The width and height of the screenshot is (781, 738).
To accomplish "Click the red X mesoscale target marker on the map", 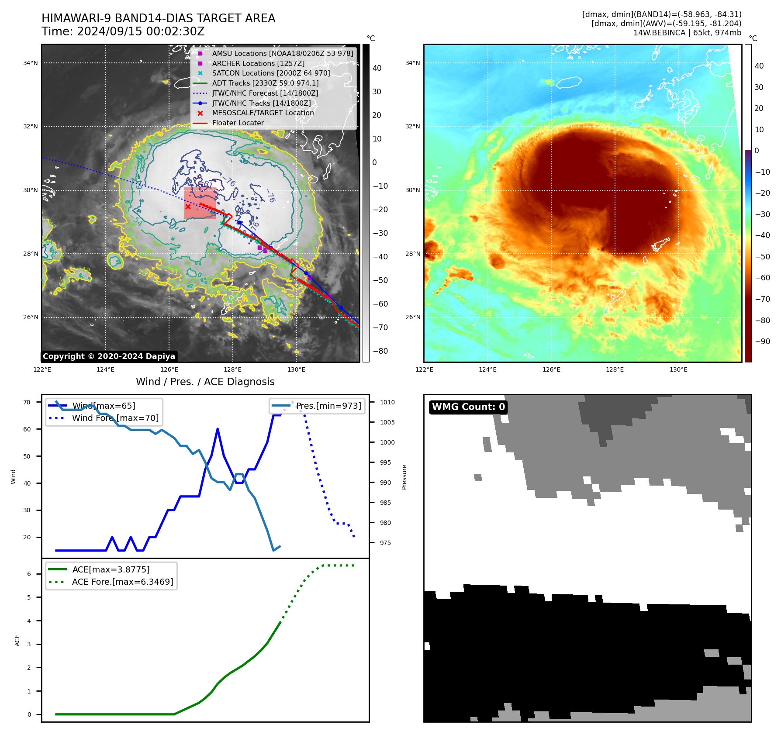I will click(x=188, y=207).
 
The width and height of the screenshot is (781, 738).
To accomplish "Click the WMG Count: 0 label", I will click(x=468, y=407).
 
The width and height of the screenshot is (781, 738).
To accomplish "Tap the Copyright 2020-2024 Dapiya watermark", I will click(x=109, y=356).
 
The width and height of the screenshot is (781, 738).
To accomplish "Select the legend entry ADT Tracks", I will click(x=265, y=83).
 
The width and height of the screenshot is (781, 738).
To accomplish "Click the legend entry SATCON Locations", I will click(x=271, y=73).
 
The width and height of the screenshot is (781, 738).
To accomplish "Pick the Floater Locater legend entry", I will click(x=238, y=123).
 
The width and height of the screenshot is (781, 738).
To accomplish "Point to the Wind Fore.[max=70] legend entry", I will click(x=115, y=418).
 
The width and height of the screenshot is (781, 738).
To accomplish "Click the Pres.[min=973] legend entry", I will click(x=328, y=406).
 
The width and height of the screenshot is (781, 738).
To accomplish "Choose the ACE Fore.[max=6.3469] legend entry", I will click(x=122, y=582).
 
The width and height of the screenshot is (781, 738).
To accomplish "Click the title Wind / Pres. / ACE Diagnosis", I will click(x=205, y=382).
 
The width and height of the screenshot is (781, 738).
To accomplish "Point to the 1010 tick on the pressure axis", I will click(x=387, y=402).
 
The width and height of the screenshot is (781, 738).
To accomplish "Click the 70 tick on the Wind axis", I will click(x=27, y=402).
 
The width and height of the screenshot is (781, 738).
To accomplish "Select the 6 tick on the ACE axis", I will click(x=29, y=574).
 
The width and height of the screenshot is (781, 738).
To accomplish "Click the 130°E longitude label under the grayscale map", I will click(x=296, y=369).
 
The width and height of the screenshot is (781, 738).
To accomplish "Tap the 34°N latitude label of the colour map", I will click(x=412, y=63).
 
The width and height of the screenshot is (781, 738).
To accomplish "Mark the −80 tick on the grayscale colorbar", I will click(x=380, y=351).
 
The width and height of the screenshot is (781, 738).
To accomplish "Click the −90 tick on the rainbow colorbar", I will click(x=762, y=341).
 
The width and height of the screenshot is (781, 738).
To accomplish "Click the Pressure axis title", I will click(x=404, y=477).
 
